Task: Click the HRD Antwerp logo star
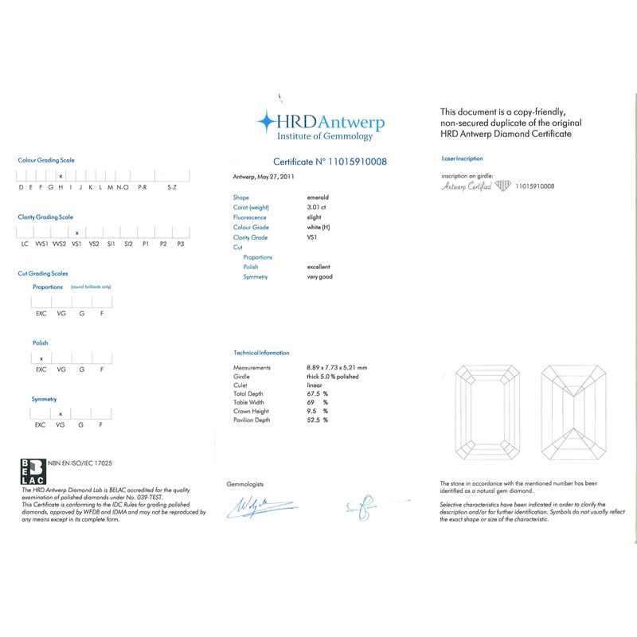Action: click(266, 122)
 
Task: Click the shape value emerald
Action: click(318, 197)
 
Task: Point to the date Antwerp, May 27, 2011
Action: click(261, 177)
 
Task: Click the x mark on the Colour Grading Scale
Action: click(61, 174)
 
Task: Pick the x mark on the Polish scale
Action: click(41, 358)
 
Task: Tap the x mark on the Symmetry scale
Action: click(61, 414)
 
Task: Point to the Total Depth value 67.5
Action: click(314, 394)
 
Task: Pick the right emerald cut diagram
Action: click(573, 416)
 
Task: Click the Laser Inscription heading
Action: click(462, 159)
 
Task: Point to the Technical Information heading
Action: click(261, 353)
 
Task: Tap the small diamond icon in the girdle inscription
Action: click(503, 186)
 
